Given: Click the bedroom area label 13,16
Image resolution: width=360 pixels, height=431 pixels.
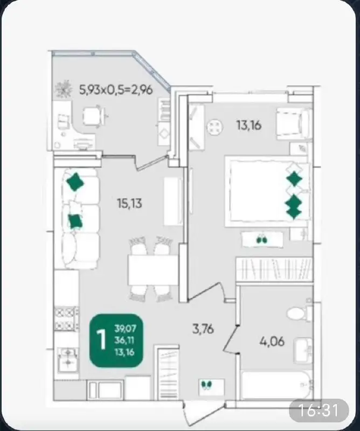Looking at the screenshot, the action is coord(249,126).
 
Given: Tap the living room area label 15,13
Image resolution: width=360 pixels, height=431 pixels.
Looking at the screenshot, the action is coord(129,204).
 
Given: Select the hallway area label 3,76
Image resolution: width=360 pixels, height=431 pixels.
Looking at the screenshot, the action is coord(203,329).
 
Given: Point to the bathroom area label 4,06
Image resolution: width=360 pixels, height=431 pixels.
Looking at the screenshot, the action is coord(272,342).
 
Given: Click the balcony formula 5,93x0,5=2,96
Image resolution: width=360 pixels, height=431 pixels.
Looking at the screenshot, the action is coord(116,89).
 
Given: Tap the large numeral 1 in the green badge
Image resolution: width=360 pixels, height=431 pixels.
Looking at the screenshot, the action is coord(101,340).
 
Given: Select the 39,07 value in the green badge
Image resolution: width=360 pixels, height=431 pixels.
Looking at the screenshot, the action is coord(126,329).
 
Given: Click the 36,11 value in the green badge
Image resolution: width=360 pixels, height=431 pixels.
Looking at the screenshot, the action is coord(124,340).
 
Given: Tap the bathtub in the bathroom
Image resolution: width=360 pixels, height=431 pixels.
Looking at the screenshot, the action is coord(276,385).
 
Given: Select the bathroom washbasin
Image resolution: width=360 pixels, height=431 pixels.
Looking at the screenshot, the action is coord(303,351).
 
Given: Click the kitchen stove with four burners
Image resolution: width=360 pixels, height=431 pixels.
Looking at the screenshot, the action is coord(66,318).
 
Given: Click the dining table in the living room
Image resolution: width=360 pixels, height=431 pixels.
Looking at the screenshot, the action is coord(153,270).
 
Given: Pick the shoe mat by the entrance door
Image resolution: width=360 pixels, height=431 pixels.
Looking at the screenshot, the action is coord(212,387).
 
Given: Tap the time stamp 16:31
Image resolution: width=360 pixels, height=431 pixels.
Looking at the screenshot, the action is coord(318,410).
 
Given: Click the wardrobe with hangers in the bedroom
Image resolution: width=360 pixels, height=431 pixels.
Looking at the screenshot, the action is coord(274,269).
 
